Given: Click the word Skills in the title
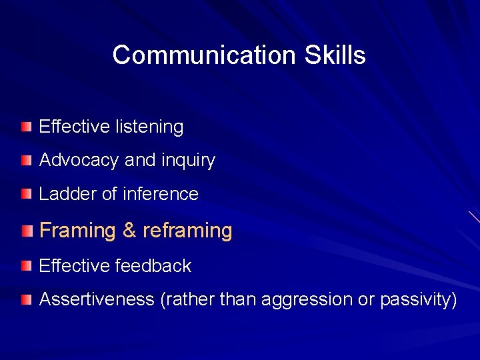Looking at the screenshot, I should pyautogui.click(x=335, y=55).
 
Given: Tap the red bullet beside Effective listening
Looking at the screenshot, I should pyautogui.click(x=25, y=126).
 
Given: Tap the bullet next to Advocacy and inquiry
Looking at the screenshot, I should pyautogui.click(x=25, y=160).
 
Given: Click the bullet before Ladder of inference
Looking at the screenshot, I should pyautogui.click(x=25, y=194).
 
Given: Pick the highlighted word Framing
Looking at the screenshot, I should pyautogui.click(x=77, y=231).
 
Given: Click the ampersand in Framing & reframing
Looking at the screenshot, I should pyautogui.click(x=129, y=231).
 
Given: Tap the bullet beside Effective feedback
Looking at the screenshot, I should pyautogui.click(x=25, y=266).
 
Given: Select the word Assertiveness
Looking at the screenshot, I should pyautogui.click(x=97, y=300).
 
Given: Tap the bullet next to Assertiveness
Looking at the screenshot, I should pyautogui.click(x=25, y=300).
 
